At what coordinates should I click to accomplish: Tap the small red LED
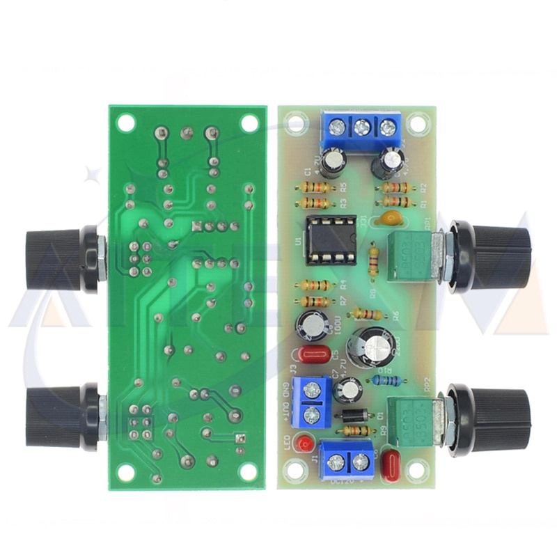point(301,443)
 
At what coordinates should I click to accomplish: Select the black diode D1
point(355,416)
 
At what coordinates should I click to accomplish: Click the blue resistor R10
point(388,380)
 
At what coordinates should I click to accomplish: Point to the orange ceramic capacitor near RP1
point(389,219)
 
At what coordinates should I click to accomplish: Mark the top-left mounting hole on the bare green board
point(126,122)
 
